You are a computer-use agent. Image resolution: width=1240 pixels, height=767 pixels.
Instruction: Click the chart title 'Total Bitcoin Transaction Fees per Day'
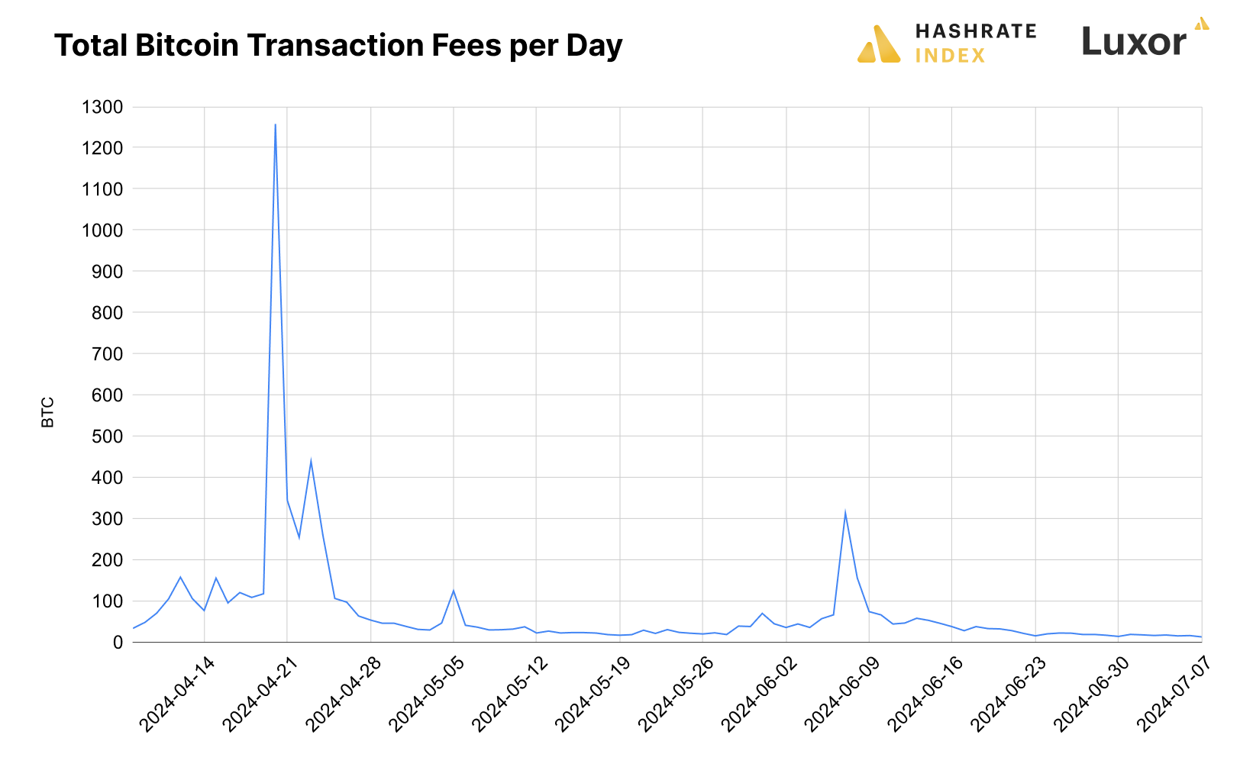pos(338,46)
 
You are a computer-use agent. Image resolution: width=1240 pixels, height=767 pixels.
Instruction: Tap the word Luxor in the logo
pos(1134,42)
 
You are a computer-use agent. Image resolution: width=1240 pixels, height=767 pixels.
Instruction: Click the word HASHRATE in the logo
pos(975,31)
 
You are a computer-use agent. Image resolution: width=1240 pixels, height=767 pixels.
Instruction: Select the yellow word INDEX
pos(950,56)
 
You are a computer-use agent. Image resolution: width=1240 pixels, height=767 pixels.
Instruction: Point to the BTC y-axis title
pos(48,412)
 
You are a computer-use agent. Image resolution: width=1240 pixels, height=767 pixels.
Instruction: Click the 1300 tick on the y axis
pos(102,107)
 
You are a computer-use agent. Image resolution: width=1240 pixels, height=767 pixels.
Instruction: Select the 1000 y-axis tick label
pos(102,230)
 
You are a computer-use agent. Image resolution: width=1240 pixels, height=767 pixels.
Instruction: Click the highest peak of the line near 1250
pos(275,125)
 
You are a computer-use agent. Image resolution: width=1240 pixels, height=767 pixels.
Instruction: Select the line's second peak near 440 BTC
pos(311,460)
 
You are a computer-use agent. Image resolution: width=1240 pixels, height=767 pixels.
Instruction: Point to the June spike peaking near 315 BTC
pos(845,512)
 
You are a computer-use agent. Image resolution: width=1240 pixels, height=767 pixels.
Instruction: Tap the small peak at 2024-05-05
pos(454,591)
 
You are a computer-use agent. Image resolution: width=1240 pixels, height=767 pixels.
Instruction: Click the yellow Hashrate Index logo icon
pos(879,44)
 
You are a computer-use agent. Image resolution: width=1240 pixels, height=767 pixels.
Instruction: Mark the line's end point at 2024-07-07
pos(1201,637)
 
